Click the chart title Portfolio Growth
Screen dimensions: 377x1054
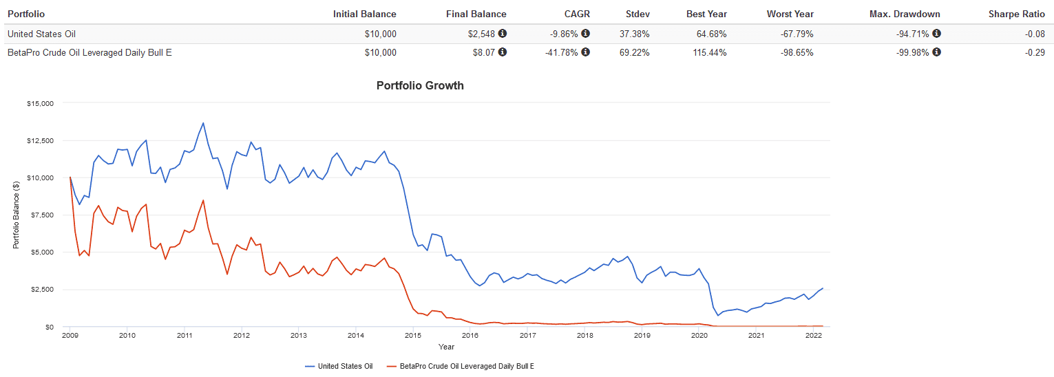click(x=420, y=86)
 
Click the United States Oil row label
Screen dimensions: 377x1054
click(x=41, y=33)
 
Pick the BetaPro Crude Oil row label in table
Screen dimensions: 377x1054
click(x=89, y=52)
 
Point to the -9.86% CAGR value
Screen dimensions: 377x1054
click(x=567, y=33)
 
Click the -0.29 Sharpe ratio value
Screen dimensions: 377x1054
click(x=1034, y=52)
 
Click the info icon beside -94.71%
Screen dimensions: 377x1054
click(x=936, y=33)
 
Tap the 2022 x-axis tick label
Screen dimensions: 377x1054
click(x=814, y=336)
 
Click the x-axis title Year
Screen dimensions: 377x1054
click(x=446, y=347)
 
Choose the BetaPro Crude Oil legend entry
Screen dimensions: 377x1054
click(x=461, y=366)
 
